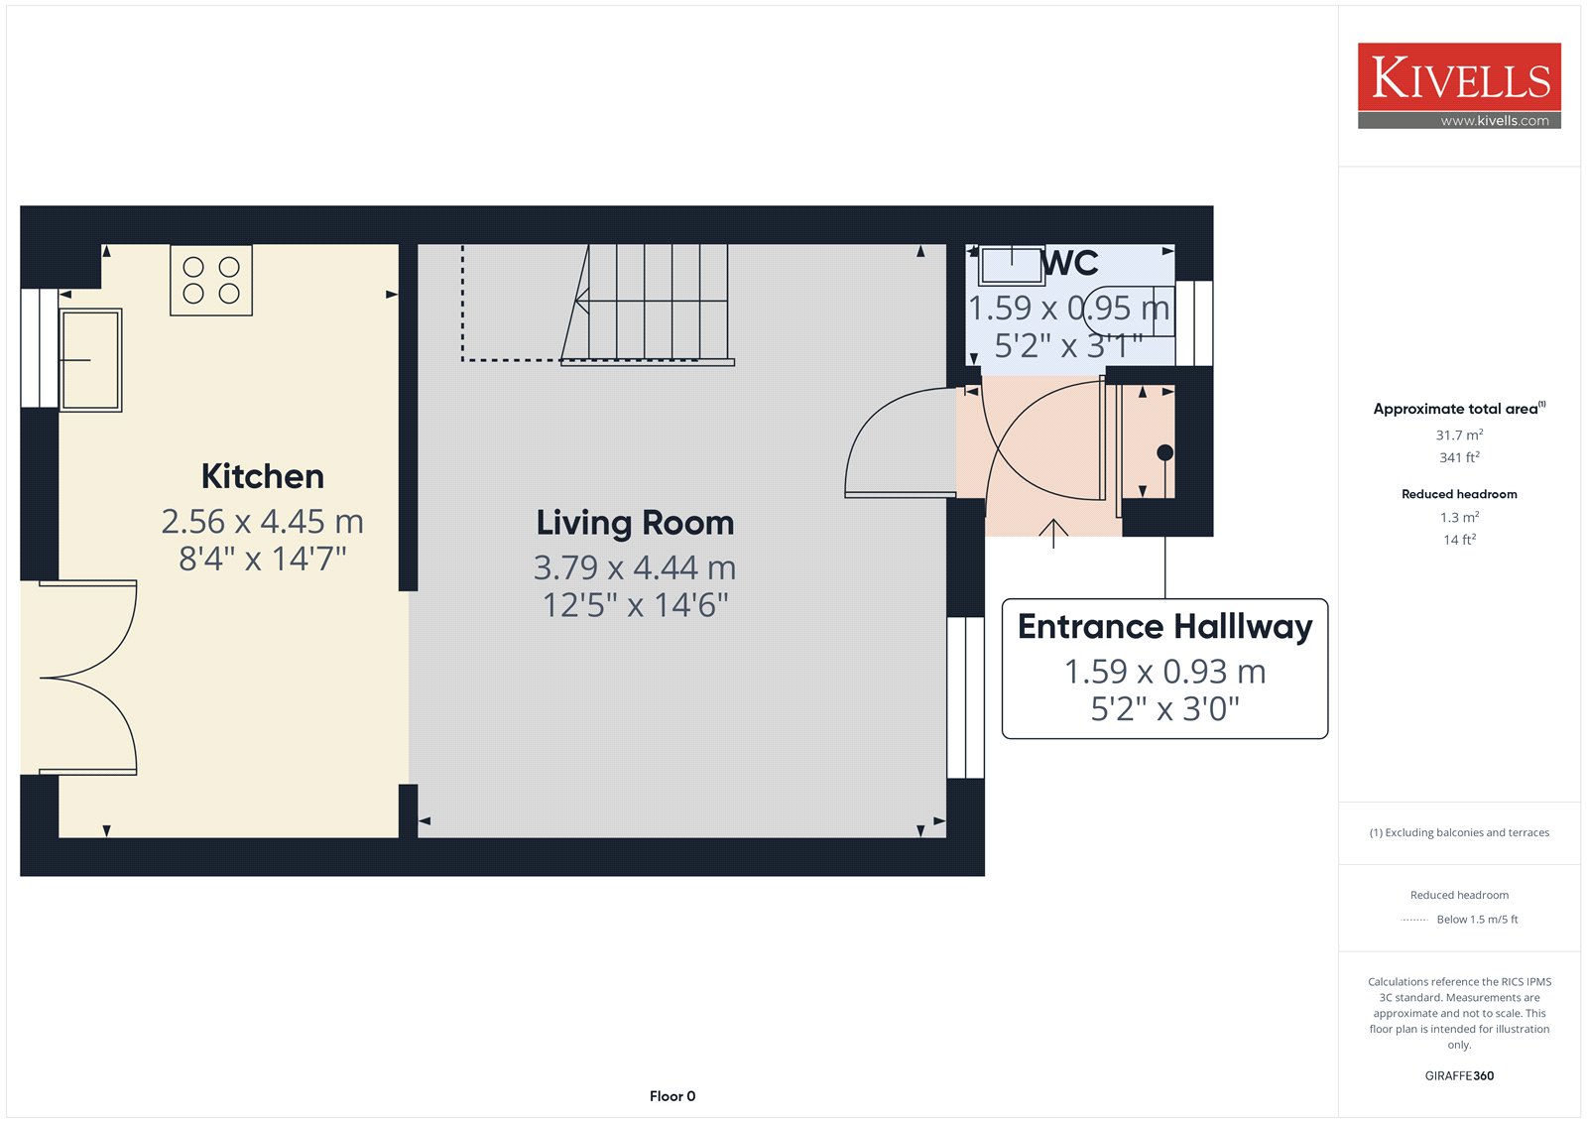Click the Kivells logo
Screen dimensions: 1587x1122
[1459, 85]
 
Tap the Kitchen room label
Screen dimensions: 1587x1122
[262, 476]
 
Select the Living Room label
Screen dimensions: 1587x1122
[635, 523]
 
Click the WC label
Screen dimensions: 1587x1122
[1070, 263]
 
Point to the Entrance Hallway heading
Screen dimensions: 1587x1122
[1164, 627]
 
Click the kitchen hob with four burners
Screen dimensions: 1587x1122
[211, 280]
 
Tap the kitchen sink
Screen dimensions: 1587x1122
[90, 360]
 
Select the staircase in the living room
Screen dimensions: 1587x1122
[645, 305]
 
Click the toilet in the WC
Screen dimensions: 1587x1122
[1129, 312]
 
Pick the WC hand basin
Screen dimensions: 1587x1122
[1011, 265]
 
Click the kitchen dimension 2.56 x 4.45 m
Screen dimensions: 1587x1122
[262, 522]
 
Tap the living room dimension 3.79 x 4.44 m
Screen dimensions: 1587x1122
[635, 567]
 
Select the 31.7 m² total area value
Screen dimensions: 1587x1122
[1459, 435]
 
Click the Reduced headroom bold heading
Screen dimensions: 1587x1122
[1459, 494]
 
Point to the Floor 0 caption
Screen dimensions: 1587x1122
[672, 1096]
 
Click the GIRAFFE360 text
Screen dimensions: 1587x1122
[1459, 1075]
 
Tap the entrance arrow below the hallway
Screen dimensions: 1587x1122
[1053, 534]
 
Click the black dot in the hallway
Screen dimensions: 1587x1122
[1164, 452]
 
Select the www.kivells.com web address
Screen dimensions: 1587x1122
[1495, 120]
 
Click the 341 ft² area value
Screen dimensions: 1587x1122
[1459, 457]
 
